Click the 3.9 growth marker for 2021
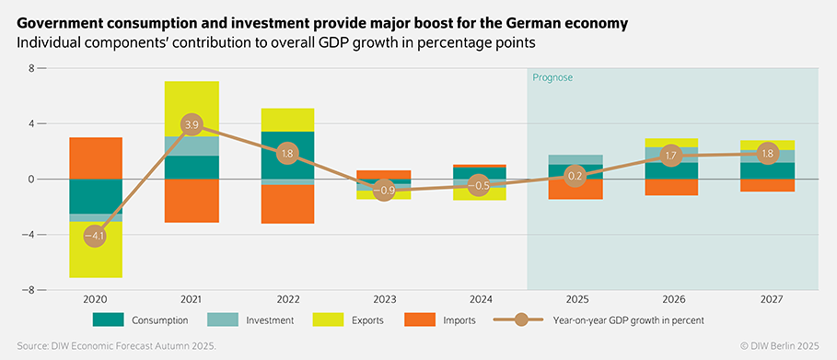[x=192, y=124]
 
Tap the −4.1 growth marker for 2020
[x=95, y=236]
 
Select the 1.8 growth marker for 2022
[x=287, y=154]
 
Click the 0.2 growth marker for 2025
[x=575, y=176]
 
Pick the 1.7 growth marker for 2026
[x=671, y=156]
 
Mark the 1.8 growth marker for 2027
[x=767, y=154]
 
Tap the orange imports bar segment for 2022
[x=287, y=203]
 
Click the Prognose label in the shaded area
[x=552, y=78]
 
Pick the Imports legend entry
[x=456, y=319]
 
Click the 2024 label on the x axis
[x=480, y=298]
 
